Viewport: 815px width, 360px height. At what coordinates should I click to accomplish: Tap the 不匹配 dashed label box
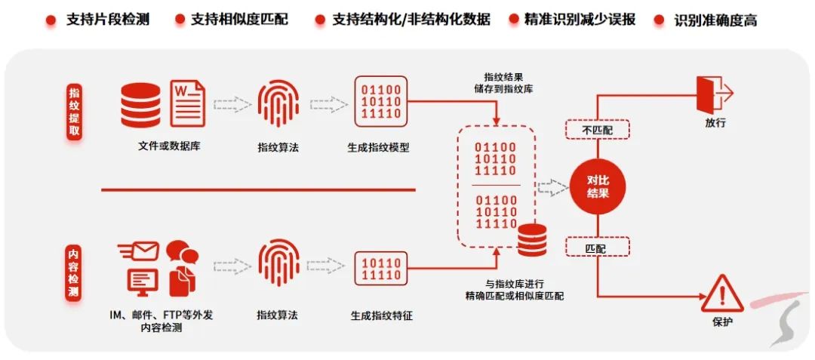(598, 131)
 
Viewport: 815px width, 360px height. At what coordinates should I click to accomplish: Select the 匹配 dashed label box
(598, 247)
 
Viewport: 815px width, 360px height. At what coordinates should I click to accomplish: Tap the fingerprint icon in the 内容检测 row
(278, 264)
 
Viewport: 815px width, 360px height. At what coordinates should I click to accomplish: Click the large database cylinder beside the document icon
(141, 103)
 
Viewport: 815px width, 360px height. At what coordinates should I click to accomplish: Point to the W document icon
(188, 103)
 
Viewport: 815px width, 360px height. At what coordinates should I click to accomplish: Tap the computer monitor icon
(143, 281)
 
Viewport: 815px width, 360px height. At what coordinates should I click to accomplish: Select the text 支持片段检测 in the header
(108, 19)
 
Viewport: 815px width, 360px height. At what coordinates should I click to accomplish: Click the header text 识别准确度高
(715, 20)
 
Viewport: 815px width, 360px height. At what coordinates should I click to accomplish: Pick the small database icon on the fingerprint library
(531, 241)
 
